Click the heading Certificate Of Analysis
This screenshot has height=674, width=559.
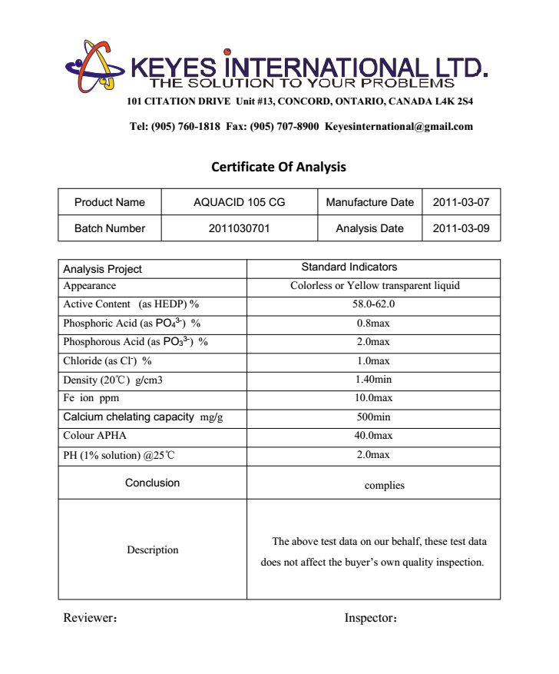[279, 167]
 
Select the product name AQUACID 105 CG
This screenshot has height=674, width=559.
[239, 203]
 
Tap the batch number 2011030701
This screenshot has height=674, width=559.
[239, 228]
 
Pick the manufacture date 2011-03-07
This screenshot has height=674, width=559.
[461, 203]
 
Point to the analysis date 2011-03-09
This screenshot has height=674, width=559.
[461, 228]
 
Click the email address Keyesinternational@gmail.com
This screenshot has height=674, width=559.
[399, 127]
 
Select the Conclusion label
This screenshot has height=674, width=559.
[152, 483]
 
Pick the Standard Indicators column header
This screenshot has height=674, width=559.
[349, 267]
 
